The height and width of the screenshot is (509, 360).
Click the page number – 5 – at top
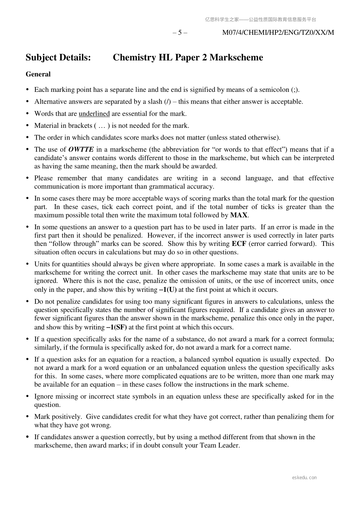point(180,33)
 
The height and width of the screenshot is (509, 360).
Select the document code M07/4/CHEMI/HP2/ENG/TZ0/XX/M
point(278,33)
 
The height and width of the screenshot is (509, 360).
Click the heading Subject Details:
point(58,57)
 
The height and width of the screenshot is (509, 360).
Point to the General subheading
point(38,74)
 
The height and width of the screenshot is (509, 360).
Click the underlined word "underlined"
point(94,114)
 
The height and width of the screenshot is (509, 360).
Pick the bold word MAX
point(239,215)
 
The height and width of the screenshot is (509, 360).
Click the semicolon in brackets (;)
point(295,90)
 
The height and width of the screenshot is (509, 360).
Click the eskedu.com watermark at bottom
point(304,478)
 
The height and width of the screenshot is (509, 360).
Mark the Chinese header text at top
point(261,20)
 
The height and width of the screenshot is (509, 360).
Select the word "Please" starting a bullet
point(44,178)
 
